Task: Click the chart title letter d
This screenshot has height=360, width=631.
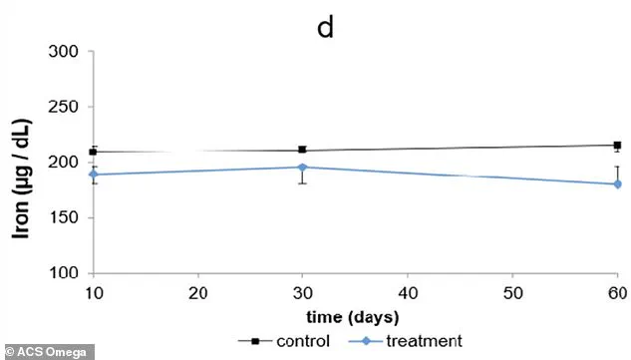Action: coord(325,27)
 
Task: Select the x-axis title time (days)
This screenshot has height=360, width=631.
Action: coord(353,317)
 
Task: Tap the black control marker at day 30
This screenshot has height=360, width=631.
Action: coord(302,150)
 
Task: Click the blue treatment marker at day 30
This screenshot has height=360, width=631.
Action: coord(302,168)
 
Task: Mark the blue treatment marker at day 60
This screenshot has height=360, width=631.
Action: coord(616,183)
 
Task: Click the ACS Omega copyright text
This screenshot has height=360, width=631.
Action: coord(47,351)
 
